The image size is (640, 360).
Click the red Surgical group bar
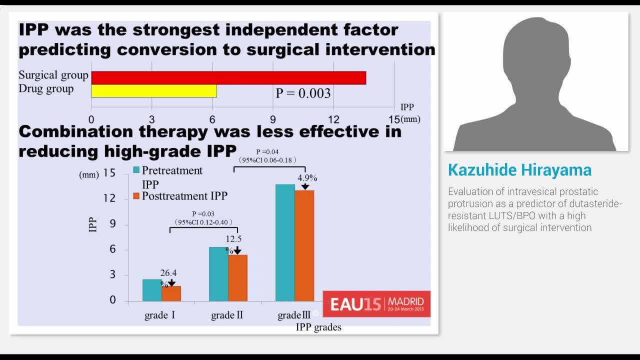(228, 78)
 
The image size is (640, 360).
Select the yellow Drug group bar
(154, 91)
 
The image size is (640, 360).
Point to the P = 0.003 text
(303, 93)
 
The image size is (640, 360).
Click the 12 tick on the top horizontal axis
(333, 119)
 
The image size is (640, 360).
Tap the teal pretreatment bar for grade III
(285, 242)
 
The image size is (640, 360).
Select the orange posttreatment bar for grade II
(237, 278)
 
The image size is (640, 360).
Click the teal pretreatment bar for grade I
(152, 290)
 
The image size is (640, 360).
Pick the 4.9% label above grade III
(307, 178)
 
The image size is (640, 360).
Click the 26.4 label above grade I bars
(168, 273)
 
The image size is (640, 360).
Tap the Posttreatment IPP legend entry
(184, 196)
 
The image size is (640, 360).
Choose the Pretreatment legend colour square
(136, 170)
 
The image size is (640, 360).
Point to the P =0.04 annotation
(267, 151)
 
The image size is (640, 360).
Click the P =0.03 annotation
(203, 214)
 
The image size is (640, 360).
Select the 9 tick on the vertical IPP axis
(112, 224)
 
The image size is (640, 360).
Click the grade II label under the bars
(227, 315)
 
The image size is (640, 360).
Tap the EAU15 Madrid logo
(376, 303)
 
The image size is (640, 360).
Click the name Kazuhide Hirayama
(519, 170)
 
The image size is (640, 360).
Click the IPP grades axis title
(318, 327)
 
